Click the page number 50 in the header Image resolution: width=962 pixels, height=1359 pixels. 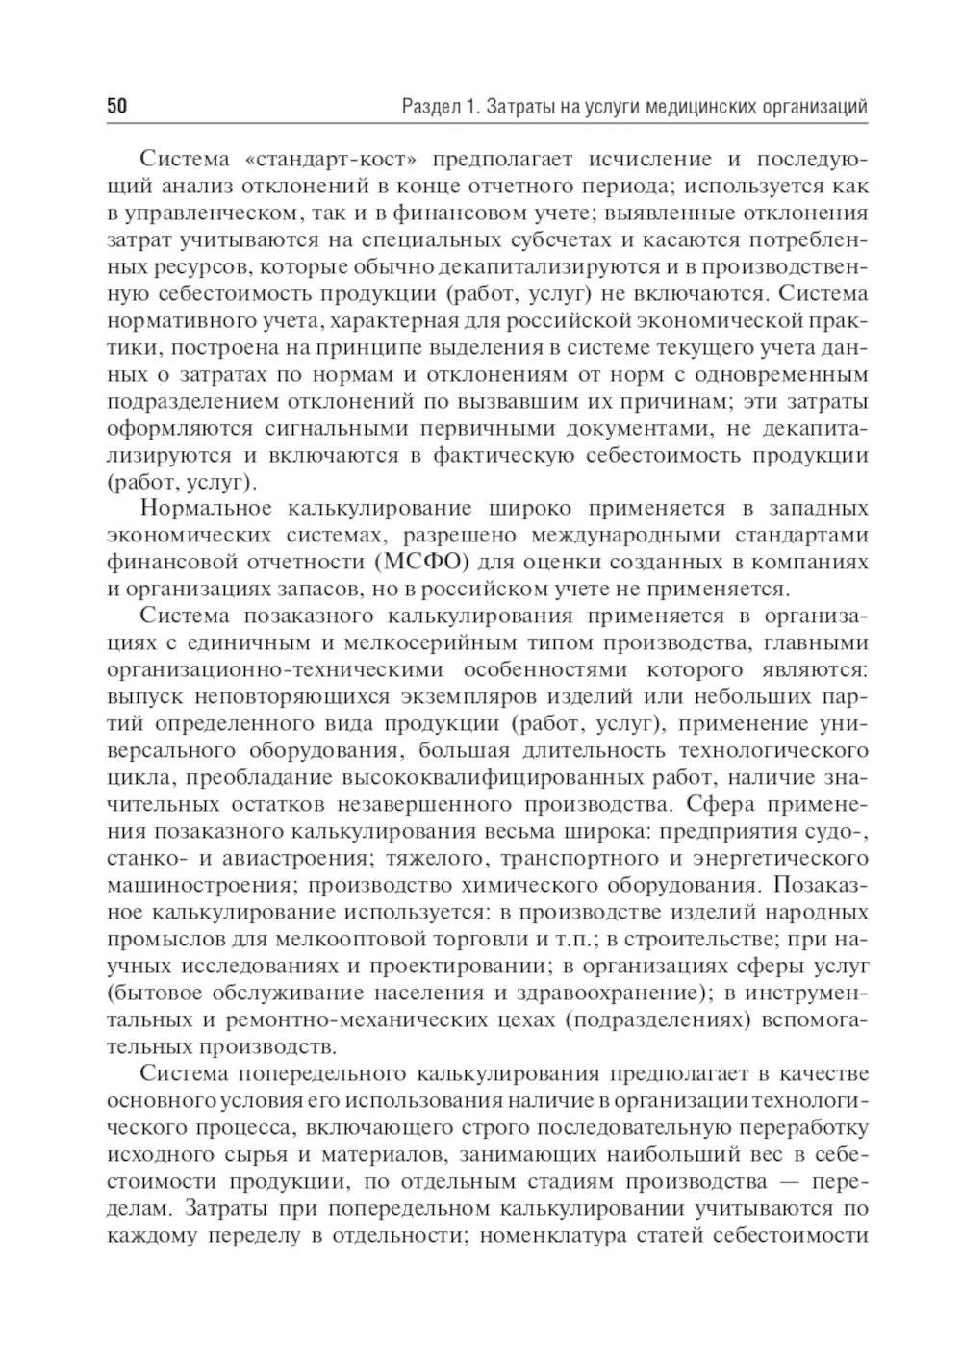click(x=116, y=107)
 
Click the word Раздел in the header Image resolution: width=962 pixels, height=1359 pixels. click(x=429, y=107)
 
